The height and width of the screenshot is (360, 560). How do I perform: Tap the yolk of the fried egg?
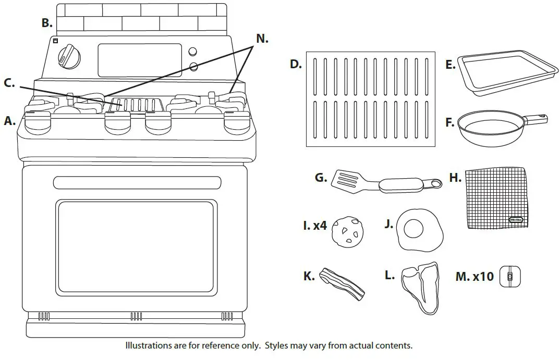tap(415, 228)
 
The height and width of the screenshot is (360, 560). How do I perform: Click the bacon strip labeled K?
tap(342, 284)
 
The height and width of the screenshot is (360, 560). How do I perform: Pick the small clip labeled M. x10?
tap(510, 276)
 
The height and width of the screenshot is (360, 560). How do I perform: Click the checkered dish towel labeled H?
tap(495, 198)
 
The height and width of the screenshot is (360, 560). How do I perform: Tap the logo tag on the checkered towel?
tap(517, 220)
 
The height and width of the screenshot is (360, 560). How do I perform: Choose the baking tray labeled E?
tap(501, 72)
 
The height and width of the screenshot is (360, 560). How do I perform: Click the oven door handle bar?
tap(136, 182)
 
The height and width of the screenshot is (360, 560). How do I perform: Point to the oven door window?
tap(136, 246)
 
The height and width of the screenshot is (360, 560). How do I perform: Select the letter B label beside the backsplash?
tap(47, 23)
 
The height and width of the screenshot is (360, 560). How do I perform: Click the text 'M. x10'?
tap(474, 276)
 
